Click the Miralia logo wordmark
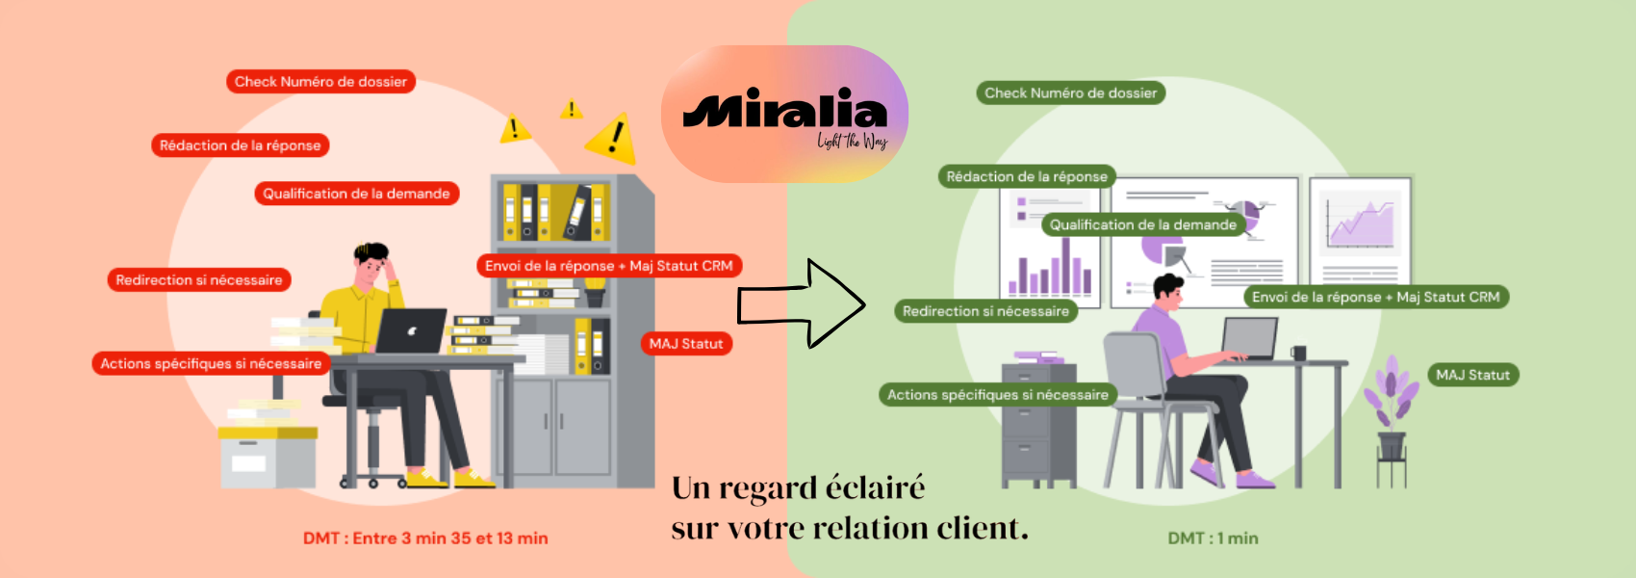click(784, 110)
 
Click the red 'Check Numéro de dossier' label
click(320, 82)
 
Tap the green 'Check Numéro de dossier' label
click(1070, 93)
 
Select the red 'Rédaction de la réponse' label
click(240, 145)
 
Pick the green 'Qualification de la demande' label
click(1142, 224)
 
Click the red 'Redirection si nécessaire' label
click(199, 280)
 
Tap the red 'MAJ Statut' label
click(686, 344)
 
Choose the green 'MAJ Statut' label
click(1472, 375)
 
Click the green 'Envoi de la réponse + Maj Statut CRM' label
click(1375, 297)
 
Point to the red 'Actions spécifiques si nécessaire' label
click(211, 363)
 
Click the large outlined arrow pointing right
click(802, 304)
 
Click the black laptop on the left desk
click(411, 331)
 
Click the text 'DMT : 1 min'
click(1213, 539)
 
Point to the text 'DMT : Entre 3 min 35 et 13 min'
click(425, 539)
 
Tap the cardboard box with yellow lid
click(268, 456)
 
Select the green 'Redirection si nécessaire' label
click(985, 311)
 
